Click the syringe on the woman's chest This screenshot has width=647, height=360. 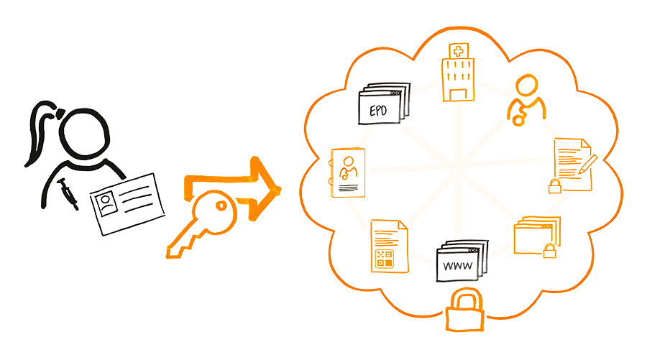coord(69,193)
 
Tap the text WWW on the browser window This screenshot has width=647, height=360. coord(455,267)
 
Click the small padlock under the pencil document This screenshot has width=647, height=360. coord(555,188)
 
